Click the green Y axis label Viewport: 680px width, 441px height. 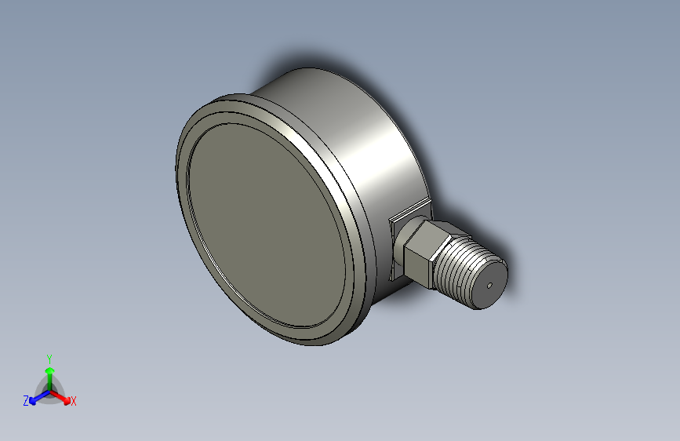(49, 359)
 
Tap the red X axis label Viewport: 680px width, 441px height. (73, 402)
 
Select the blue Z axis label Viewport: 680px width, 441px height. (26, 401)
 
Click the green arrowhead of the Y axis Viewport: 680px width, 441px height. (50, 370)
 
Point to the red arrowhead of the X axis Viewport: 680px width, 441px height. (67, 401)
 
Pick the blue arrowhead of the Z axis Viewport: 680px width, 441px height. (33, 401)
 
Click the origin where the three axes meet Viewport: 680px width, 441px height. (50, 392)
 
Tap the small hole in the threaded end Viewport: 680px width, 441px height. (489, 286)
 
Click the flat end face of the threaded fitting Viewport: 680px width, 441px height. (490, 284)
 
